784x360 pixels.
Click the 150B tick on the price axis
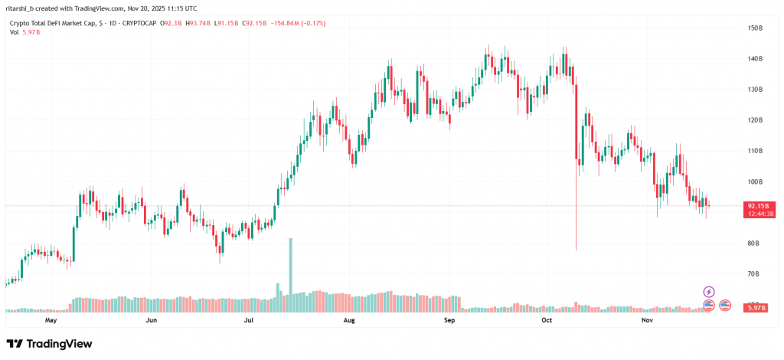(x=756, y=28)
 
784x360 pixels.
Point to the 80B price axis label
(x=754, y=244)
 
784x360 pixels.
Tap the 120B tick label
(x=756, y=120)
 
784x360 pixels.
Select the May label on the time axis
(x=52, y=319)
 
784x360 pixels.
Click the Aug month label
(x=350, y=319)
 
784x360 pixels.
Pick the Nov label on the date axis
(x=648, y=319)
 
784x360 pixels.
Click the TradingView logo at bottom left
(x=49, y=344)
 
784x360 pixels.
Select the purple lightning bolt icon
(x=709, y=292)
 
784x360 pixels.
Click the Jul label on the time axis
(x=249, y=319)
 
